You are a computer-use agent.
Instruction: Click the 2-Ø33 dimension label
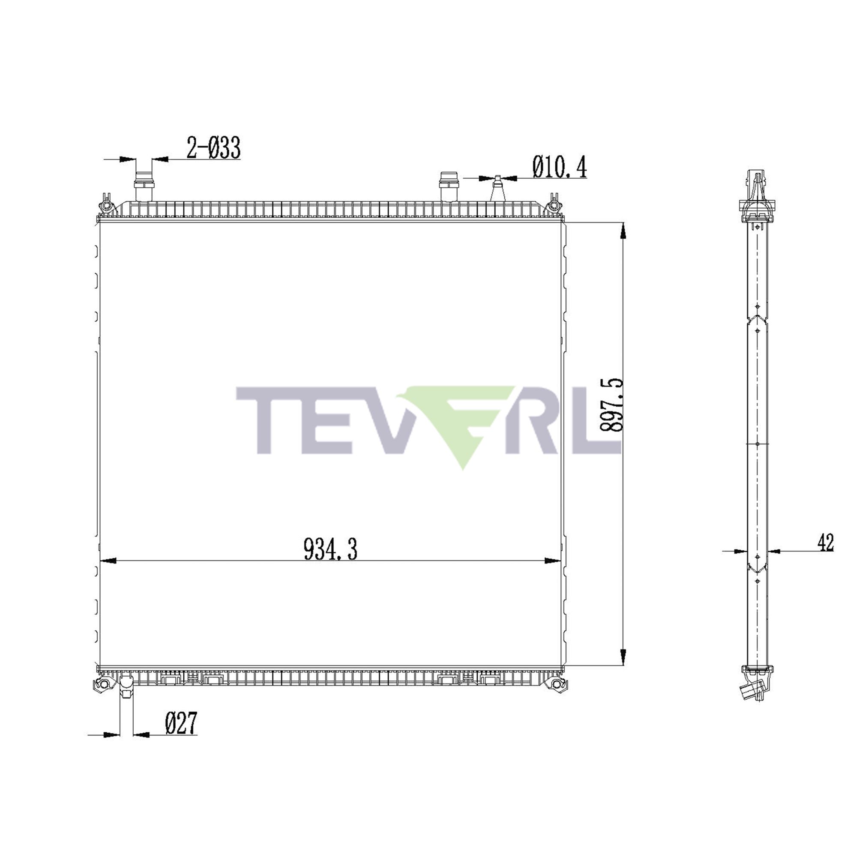tap(213, 148)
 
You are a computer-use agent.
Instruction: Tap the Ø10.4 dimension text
tap(559, 167)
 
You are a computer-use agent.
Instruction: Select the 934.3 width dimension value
tap(330, 549)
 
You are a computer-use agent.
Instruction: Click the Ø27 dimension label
tap(180, 723)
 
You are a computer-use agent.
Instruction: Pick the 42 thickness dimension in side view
tap(826, 542)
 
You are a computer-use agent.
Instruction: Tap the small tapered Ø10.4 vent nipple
tap(497, 190)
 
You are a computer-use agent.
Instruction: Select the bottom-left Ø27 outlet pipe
tap(126, 692)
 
